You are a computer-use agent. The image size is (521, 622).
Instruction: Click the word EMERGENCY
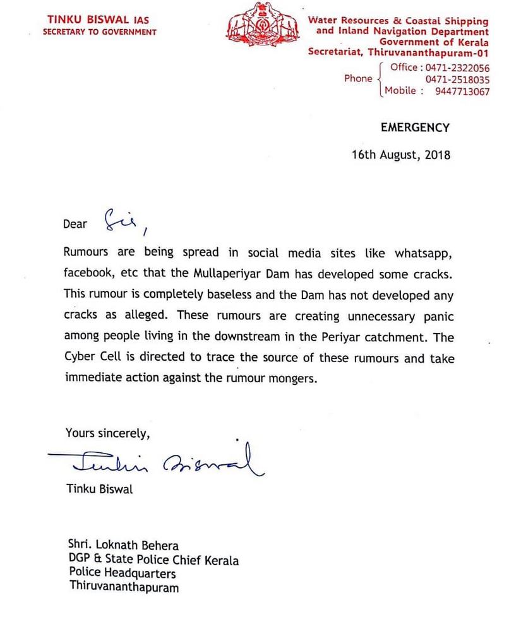pos(415,127)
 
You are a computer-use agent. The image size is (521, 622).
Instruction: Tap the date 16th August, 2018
pos(401,155)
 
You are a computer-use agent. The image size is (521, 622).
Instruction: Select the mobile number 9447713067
pos(462,91)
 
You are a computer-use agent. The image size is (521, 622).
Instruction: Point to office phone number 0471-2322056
pos(457,67)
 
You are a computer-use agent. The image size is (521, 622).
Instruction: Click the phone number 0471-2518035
pos(457,79)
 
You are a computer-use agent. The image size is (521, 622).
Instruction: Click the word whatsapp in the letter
pos(419,252)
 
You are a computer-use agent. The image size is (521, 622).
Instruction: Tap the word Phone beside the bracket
pos(358,79)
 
